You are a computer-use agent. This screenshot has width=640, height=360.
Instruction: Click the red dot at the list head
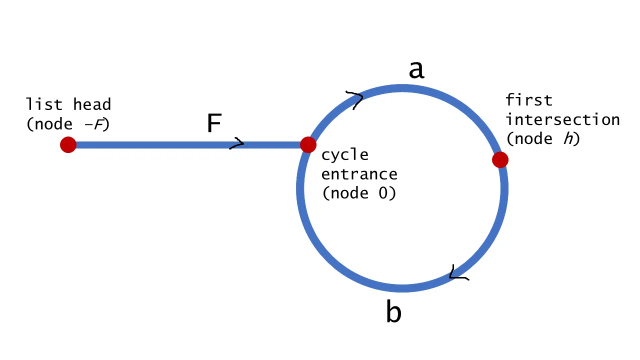tap(68, 145)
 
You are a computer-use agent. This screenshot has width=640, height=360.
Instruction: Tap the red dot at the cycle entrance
tap(308, 145)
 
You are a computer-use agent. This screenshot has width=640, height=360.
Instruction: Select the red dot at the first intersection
tap(500, 159)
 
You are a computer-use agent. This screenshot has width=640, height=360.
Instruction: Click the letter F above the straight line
tap(214, 123)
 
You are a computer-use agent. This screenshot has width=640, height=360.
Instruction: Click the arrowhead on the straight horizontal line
tap(237, 144)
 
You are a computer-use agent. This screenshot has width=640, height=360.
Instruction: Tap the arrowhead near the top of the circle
tap(355, 98)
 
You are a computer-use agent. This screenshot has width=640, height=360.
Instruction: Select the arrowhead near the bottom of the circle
tap(457, 273)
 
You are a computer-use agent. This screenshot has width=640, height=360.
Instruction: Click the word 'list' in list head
tap(44, 104)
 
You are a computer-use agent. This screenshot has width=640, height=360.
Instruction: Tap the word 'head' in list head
tap(92, 104)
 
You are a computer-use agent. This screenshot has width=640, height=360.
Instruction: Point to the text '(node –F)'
tap(68, 124)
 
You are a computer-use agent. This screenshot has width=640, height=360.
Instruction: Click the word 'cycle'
tap(344, 155)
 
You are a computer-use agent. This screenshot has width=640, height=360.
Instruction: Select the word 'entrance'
tap(359, 174)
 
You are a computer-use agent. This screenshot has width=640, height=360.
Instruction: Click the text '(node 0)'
tap(359, 193)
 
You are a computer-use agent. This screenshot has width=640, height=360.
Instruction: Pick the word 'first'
tap(529, 100)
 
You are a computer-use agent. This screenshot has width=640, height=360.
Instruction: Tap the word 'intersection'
tap(562, 120)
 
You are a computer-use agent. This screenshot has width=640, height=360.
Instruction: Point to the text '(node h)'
tap(543, 139)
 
